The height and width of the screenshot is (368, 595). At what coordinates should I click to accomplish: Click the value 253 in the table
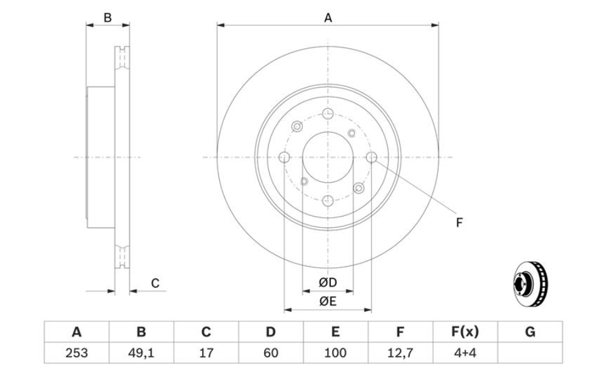tap(77, 353)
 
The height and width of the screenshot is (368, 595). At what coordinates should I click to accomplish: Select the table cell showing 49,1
tap(141, 353)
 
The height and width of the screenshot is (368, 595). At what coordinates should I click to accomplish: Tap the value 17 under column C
tap(206, 353)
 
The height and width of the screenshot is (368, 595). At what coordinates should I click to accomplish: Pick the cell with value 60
tap(270, 353)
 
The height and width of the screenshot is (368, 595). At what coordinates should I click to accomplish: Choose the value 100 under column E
tap(335, 353)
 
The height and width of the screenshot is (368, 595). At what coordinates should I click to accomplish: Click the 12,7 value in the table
tap(400, 353)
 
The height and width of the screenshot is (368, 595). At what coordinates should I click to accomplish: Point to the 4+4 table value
tap(465, 353)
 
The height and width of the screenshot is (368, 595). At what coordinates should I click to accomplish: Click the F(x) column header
tap(465, 332)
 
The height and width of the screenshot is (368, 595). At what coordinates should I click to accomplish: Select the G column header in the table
tap(530, 332)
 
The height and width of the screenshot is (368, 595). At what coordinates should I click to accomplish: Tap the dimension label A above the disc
tap(328, 18)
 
